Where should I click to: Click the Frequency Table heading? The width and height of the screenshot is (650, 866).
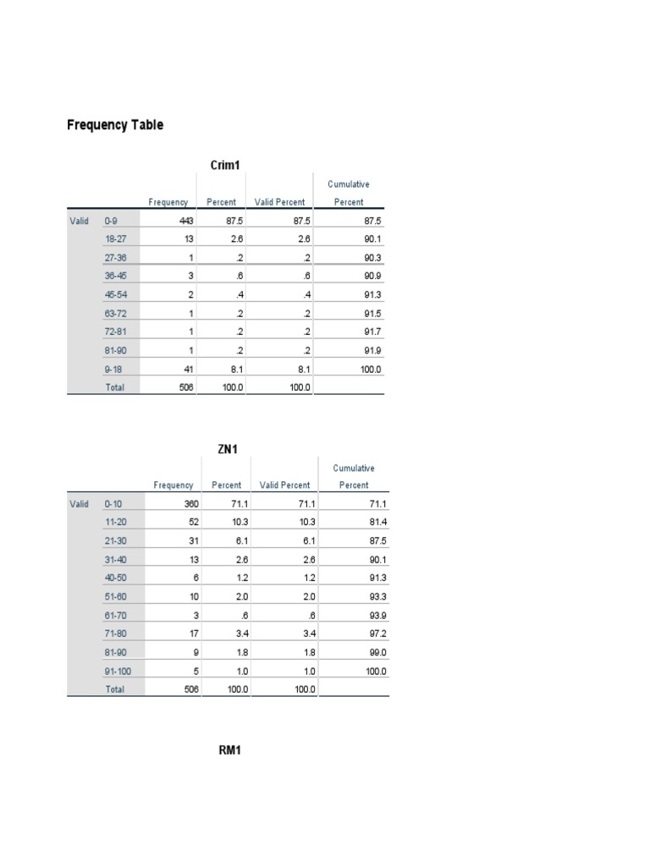(115, 125)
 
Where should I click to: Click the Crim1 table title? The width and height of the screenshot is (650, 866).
(227, 165)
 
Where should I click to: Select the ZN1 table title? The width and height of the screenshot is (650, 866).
(228, 449)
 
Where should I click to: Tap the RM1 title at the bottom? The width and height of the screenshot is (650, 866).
(230, 750)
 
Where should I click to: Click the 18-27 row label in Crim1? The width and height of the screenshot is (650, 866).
(115, 239)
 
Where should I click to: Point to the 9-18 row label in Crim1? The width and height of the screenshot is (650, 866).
(113, 369)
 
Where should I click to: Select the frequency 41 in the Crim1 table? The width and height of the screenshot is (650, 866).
(189, 369)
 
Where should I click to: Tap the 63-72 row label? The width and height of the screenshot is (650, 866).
(115, 313)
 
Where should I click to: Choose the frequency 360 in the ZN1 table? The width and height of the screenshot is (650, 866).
(187, 504)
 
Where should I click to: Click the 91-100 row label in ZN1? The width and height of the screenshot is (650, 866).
(118, 671)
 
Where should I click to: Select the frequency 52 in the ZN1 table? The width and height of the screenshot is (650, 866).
(190, 523)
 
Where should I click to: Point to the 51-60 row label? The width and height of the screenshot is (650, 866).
(116, 597)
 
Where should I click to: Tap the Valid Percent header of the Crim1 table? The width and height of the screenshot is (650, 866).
(279, 202)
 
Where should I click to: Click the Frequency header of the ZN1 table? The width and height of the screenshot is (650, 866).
(174, 485)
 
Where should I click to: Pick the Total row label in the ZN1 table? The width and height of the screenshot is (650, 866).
(114, 689)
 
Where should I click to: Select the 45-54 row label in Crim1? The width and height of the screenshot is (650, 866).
(115, 294)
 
